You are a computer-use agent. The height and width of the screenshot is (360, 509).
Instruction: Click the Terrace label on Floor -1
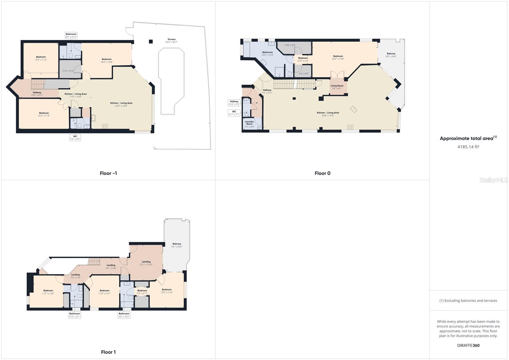click(x=171, y=40)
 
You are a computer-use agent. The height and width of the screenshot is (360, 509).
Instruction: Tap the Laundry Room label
click(x=249, y=123)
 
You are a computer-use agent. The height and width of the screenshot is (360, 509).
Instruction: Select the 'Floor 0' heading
click(x=322, y=173)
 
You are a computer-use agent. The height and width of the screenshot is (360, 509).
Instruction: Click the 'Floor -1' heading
click(x=108, y=173)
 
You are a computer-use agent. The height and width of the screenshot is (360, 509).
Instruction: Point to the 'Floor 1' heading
click(x=108, y=352)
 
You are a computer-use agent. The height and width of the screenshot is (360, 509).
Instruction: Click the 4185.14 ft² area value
click(x=468, y=147)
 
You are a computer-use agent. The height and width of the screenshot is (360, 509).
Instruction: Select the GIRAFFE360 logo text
click(x=468, y=345)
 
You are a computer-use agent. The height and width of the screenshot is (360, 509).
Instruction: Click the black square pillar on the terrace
click(x=151, y=41)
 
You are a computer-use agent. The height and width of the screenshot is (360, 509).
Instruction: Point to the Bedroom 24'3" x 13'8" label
click(x=338, y=57)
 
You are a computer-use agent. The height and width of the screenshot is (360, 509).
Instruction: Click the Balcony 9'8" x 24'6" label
click(x=391, y=55)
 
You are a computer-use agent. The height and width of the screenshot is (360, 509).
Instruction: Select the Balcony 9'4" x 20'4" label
click(x=177, y=245)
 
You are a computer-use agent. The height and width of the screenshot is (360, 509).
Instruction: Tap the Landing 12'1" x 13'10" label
click(x=146, y=263)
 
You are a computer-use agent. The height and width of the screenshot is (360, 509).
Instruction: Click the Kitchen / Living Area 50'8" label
click(x=328, y=114)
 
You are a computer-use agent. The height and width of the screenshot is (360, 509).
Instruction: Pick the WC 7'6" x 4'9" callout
click(x=75, y=138)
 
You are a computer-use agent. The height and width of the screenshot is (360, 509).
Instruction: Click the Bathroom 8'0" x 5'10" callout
click(x=71, y=35)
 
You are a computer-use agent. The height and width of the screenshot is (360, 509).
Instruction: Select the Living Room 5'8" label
click(x=337, y=87)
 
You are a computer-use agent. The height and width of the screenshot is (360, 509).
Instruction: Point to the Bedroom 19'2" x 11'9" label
click(x=44, y=114)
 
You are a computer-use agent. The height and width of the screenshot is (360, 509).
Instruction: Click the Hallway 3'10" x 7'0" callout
click(x=234, y=103)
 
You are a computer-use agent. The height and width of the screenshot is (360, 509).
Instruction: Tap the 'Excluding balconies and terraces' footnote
click(x=468, y=300)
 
